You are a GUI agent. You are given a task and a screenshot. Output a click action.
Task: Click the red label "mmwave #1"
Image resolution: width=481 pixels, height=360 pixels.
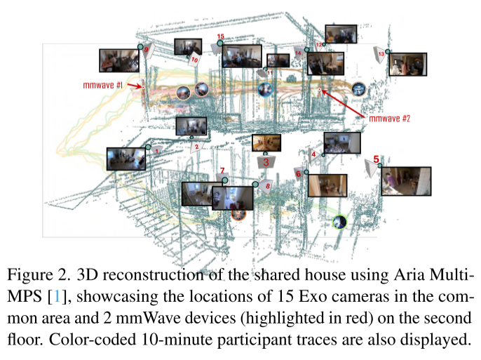pyautogui.click(x=103, y=85)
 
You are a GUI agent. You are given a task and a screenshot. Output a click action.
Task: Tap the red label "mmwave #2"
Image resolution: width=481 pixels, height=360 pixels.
pyautogui.click(x=388, y=119)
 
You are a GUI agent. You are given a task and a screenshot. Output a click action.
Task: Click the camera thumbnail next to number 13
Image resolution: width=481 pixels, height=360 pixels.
pyautogui.click(x=407, y=64)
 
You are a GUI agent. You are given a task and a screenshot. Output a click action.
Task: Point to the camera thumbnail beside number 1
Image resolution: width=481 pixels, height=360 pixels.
pyautogui.click(x=126, y=159)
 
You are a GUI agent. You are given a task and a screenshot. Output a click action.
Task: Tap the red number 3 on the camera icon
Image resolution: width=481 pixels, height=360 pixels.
pyautogui.click(x=266, y=161)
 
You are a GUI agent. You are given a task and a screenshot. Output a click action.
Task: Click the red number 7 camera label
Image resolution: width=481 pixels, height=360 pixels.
pyautogui.click(x=222, y=171)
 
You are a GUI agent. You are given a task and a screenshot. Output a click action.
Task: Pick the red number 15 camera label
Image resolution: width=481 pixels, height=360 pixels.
pyautogui.click(x=220, y=36)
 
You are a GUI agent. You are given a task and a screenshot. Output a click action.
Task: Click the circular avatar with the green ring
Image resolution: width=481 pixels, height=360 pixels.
pyautogui.click(x=339, y=222)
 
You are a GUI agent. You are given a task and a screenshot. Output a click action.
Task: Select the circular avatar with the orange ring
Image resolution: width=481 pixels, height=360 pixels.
pyautogui.click(x=238, y=214)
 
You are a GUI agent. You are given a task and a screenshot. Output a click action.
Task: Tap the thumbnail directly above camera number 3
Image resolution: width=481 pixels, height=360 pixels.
pyautogui.click(x=266, y=143)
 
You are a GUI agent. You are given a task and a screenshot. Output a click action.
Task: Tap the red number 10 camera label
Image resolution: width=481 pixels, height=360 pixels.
pyautogui.click(x=194, y=61)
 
